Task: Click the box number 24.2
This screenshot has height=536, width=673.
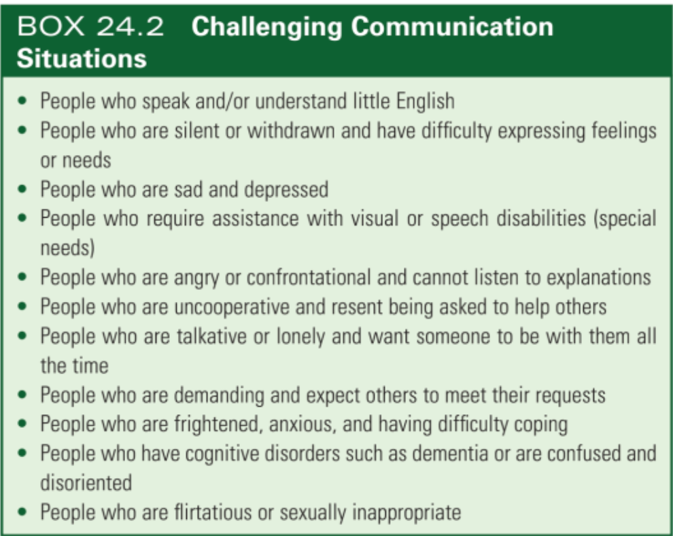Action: point(130,27)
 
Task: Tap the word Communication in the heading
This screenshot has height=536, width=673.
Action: point(452,27)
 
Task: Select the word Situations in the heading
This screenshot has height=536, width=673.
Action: point(82,58)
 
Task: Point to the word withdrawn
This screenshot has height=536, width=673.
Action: point(291,131)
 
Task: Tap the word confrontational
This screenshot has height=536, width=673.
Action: point(309,278)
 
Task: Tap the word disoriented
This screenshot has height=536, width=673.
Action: point(86,483)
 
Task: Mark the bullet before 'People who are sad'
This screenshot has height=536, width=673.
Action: point(22,189)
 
